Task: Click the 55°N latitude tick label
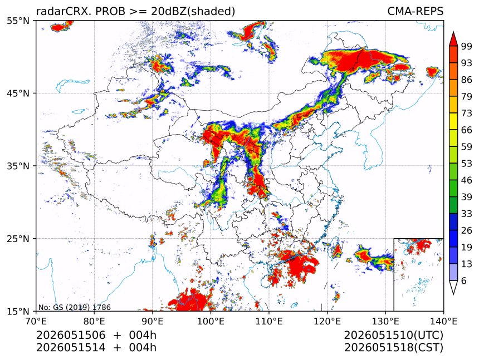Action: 18,21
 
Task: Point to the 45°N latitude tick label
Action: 18,93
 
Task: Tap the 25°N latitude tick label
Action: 18,238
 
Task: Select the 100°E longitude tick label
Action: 211,321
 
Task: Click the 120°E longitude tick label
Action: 327,321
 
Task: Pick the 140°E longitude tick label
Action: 443,321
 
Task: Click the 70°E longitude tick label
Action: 36,321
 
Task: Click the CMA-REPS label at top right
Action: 415,11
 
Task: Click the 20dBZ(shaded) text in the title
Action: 193,12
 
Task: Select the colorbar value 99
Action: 467,46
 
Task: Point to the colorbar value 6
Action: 464,280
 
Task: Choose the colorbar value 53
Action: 467,164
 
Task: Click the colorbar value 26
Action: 467,230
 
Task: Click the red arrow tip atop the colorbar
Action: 453,32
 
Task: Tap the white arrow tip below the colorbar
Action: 453,294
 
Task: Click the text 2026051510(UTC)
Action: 393,336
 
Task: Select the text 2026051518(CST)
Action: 393,348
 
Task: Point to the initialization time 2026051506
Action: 71,335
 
